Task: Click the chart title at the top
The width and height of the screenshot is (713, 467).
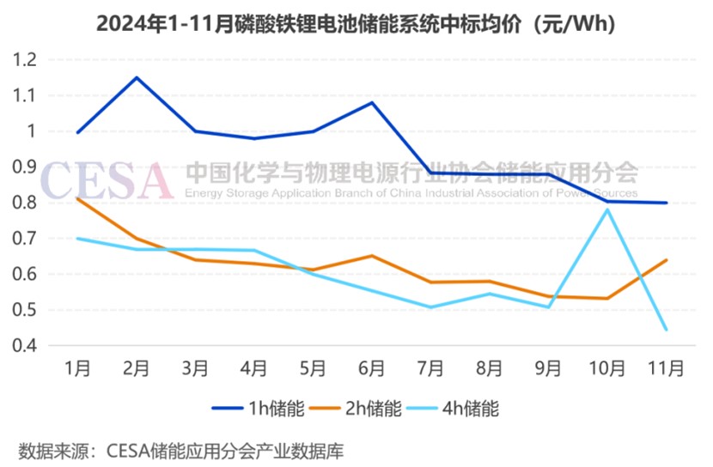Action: tap(356, 23)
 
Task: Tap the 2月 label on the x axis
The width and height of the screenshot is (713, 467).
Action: tap(136, 369)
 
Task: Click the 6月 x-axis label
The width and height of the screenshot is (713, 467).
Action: tap(371, 369)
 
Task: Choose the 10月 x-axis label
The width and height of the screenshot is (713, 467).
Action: tap(606, 369)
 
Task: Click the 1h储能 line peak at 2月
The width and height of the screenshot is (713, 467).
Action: tap(136, 77)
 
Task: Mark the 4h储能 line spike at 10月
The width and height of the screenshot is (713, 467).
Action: tap(607, 209)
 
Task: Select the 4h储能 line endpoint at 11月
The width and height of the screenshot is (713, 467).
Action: tap(666, 330)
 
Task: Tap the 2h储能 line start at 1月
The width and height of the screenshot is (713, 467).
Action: tap(77, 198)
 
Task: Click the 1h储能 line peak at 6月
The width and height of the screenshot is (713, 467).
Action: tap(371, 102)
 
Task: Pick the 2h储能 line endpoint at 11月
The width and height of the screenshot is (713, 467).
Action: tap(666, 260)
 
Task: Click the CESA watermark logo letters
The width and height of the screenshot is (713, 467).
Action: tap(107, 179)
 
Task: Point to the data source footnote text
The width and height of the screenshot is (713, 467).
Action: tap(180, 449)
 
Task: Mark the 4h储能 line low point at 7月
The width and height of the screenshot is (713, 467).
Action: tap(430, 306)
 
